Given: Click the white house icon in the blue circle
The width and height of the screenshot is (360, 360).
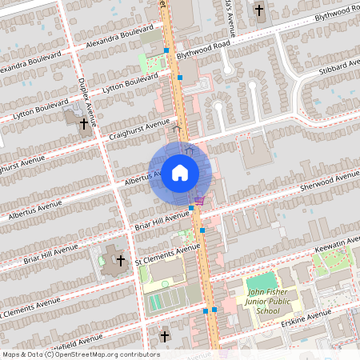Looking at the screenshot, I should (180, 172).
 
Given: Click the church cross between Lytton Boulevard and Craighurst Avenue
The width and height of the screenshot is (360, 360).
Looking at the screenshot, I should (84, 122).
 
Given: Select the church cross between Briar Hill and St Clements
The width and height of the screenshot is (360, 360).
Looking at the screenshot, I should (121, 261).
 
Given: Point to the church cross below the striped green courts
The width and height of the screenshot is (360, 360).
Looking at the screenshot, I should (165, 337).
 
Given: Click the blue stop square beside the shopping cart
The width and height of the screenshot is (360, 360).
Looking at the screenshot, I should (191, 207).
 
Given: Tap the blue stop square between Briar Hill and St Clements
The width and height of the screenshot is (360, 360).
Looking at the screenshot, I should (202, 230).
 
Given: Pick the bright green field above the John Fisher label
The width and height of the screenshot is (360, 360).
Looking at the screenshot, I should (260, 283).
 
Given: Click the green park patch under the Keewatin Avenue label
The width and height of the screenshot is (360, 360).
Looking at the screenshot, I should (332, 261).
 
